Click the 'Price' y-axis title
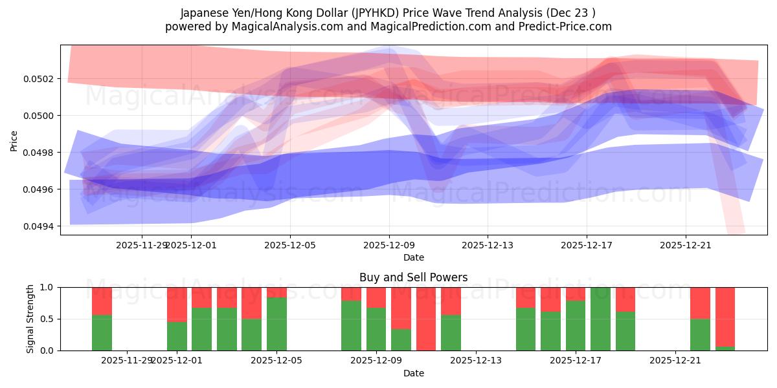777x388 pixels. [x=14, y=140]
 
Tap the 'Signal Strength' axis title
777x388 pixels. [x=30, y=318]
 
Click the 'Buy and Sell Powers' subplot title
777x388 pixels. [x=413, y=277]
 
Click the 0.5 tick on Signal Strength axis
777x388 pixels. [x=48, y=319]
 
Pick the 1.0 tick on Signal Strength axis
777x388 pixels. [x=48, y=287]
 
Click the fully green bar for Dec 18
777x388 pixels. [x=600, y=319]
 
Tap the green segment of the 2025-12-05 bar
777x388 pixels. [x=276, y=324]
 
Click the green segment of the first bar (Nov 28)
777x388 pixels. [x=102, y=332]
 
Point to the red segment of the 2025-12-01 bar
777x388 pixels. [x=177, y=304]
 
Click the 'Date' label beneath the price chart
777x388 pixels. [x=413, y=257]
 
